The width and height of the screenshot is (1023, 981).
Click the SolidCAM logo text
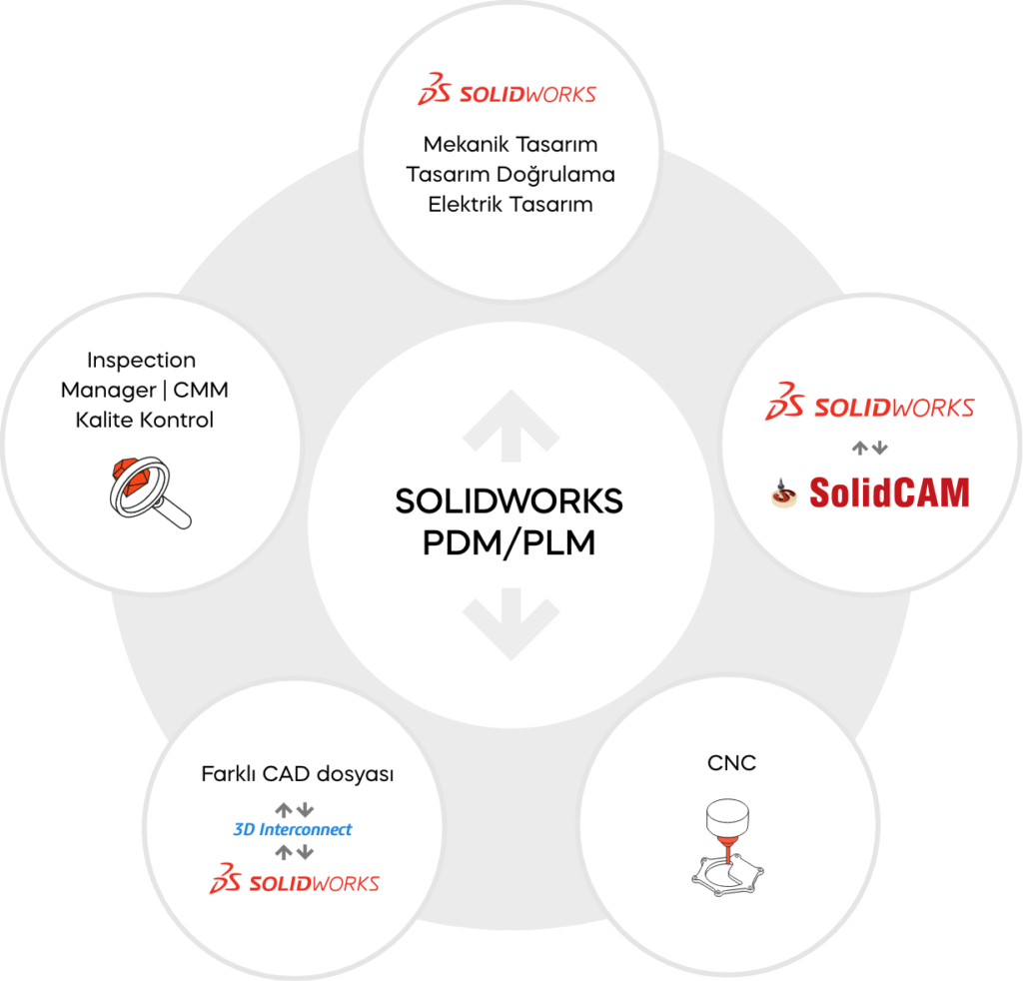[x=889, y=492]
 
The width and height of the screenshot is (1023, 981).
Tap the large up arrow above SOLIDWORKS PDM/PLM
[x=511, y=428]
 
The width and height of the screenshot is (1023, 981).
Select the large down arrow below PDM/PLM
[x=511, y=624]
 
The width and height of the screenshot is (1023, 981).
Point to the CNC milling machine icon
[x=727, y=848]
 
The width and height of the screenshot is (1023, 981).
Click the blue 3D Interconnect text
[x=293, y=830]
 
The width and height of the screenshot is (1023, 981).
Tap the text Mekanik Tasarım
[x=511, y=144]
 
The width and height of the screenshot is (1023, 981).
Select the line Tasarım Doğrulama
[x=511, y=174]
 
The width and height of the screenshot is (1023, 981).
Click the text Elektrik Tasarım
[x=511, y=204]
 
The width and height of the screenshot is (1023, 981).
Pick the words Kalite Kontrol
[x=144, y=420]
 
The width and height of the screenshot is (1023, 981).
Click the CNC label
[x=731, y=762]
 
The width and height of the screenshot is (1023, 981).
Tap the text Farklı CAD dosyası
[x=298, y=774]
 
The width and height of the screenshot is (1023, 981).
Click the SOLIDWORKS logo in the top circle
[x=507, y=89]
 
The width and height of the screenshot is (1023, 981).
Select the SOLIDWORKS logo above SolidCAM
[x=870, y=402]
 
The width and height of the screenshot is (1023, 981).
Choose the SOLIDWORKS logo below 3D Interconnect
[x=295, y=878]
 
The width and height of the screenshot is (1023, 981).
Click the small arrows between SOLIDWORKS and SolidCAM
[x=870, y=449]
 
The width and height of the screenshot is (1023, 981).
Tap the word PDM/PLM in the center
[x=509, y=543]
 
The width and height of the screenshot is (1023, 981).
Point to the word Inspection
[x=142, y=360]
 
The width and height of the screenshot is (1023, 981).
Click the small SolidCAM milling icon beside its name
[x=783, y=493]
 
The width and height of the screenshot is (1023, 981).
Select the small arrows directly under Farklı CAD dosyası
[x=295, y=810]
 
